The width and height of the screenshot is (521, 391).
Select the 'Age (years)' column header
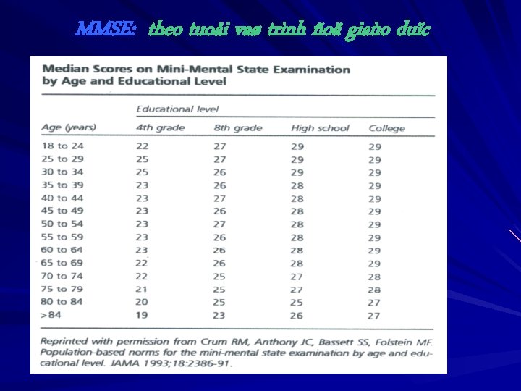(x=69, y=127)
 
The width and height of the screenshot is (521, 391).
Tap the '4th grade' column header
(x=160, y=127)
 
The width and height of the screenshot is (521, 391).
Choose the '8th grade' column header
(x=238, y=127)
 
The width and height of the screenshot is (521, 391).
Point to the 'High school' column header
(x=320, y=127)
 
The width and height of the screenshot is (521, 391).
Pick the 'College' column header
(x=386, y=128)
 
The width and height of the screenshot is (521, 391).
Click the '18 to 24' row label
(x=62, y=146)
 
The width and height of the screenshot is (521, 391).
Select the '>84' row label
(x=52, y=316)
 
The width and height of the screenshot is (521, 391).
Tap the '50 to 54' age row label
(x=62, y=224)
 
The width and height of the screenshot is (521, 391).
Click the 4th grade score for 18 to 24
(x=143, y=146)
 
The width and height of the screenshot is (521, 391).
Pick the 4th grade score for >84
(x=143, y=316)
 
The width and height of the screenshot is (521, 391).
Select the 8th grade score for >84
(x=219, y=316)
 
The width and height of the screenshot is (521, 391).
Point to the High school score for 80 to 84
(x=297, y=303)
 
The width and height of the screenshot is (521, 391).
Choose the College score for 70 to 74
(x=374, y=277)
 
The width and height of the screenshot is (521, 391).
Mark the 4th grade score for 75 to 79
(x=143, y=290)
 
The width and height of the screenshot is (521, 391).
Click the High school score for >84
(x=297, y=316)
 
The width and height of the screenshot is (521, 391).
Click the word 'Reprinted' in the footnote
(x=64, y=341)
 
